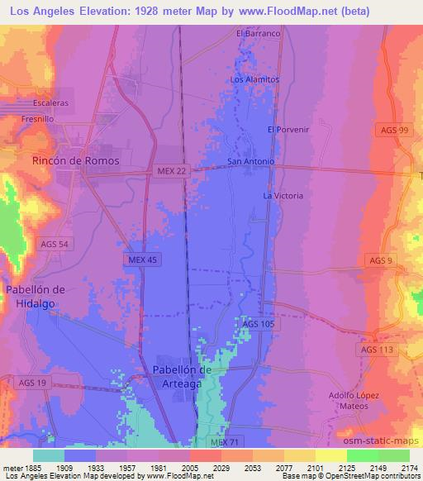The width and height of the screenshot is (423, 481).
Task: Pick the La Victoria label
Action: tap(283, 196)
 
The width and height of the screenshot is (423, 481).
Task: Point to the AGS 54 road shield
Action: tap(56, 243)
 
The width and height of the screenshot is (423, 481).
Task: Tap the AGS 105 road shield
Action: tap(258, 324)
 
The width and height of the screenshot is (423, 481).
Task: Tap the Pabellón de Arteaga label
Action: tap(183, 375)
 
